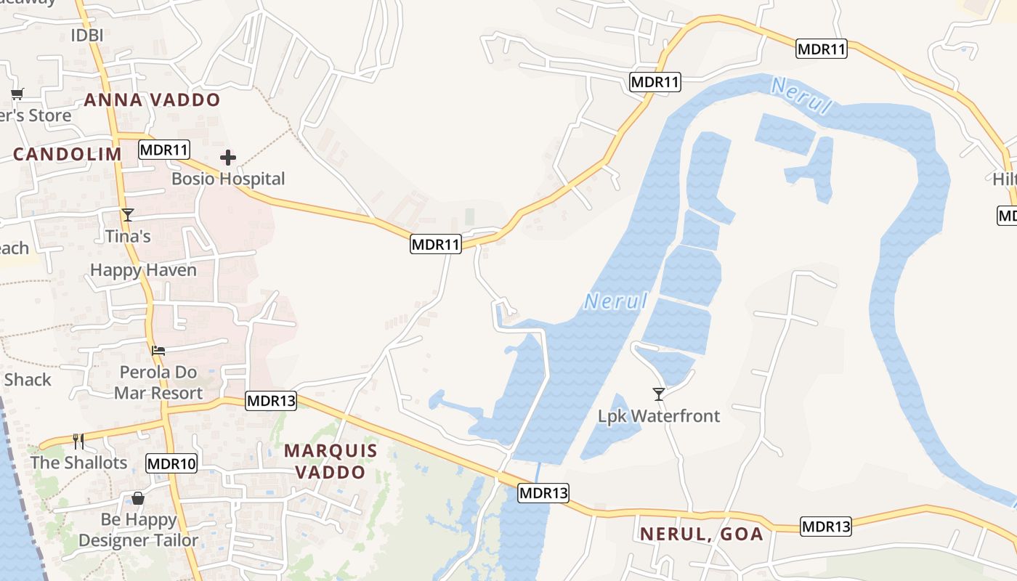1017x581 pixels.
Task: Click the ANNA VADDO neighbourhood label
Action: [152, 100]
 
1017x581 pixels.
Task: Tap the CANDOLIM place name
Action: [68, 154]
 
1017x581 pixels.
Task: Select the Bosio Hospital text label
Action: [228, 179]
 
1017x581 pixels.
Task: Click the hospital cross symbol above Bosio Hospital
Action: [228, 158]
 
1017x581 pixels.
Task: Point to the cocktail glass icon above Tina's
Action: [128, 215]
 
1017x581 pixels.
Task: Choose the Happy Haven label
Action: [143, 270]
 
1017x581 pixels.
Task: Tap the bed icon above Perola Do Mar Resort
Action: [158, 351]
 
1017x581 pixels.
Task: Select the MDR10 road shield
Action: [171, 463]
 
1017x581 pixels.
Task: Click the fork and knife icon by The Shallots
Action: [78, 441]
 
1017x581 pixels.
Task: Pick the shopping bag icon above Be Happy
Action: [137, 498]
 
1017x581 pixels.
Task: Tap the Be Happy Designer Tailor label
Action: [138, 530]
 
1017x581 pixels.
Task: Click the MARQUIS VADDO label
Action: [331, 461]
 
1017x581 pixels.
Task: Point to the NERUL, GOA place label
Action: [701, 535]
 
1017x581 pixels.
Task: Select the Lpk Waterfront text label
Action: [659, 416]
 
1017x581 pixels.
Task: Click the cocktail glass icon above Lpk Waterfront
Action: [659, 394]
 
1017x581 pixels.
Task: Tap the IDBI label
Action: [87, 35]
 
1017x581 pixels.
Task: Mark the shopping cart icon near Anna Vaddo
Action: [17, 94]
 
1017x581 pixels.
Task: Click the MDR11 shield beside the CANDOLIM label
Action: [164, 150]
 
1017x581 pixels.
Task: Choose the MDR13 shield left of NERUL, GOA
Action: [543, 493]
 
